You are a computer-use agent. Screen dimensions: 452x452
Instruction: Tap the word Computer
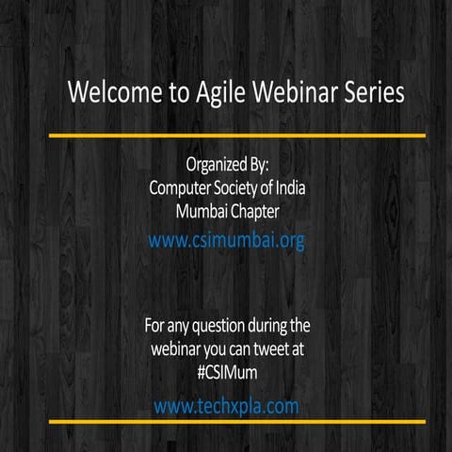tap(182, 187)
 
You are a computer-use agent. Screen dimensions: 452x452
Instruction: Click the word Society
tap(242, 187)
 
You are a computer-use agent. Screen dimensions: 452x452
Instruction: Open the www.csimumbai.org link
tap(227, 240)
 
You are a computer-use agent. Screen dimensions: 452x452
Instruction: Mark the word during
tap(268, 327)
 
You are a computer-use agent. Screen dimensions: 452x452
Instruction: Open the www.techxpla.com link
tap(226, 406)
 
